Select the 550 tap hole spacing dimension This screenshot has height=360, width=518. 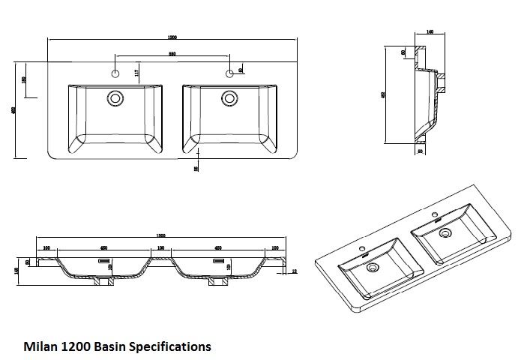point(172,53)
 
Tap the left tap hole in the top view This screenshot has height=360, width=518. point(115,73)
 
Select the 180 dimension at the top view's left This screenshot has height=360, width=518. point(25,80)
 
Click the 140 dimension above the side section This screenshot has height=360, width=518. point(430,32)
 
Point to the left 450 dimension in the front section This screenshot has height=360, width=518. point(103,247)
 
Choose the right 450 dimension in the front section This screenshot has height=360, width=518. point(217,247)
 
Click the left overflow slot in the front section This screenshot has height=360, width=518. point(104,259)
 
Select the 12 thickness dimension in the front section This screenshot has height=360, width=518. point(295,271)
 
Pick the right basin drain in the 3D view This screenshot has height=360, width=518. point(445,234)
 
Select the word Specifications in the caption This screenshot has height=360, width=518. point(170,347)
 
